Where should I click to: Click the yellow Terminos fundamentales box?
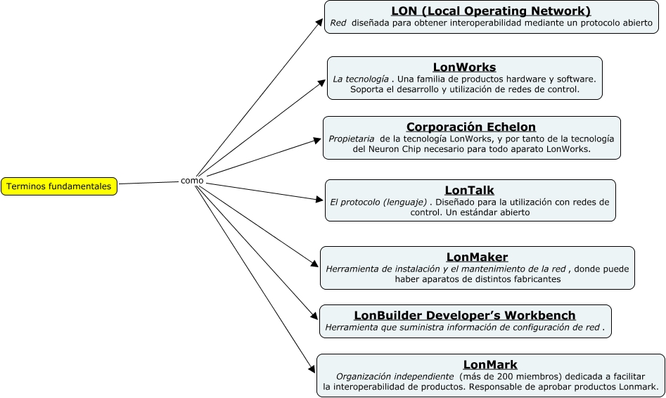click(x=59, y=186)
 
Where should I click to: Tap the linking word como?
click(x=192, y=181)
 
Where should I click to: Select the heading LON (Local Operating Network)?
click(x=491, y=11)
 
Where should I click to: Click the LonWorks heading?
click(x=464, y=68)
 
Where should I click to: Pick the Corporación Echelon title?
click(x=471, y=127)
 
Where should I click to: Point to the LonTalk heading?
click(x=470, y=191)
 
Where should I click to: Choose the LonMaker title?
click(x=477, y=257)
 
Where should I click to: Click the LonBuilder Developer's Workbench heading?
click(x=465, y=316)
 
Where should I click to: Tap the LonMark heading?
click(x=490, y=364)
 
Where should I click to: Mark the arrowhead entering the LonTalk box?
click(x=320, y=200)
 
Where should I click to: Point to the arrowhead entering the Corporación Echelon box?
click(x=318, y=140)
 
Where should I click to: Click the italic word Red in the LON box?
click(x=338, y=23)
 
